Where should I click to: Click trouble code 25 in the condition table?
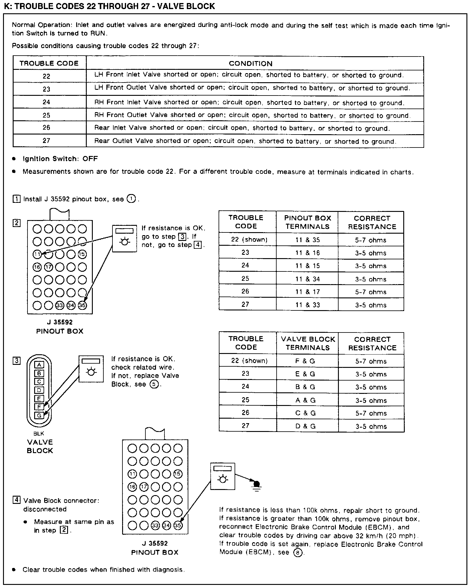(x=46, y=115)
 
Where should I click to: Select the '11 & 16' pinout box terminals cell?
(x=307, y=253)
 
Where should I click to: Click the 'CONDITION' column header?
(x=250, y=63)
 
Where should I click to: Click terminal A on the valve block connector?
(x=39, y=365)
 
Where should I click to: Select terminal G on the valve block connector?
(x=39, y=415)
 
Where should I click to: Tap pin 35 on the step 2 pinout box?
(x=82, y=306)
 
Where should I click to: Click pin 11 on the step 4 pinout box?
(x=132, y=474)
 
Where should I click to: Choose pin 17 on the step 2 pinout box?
(x=48, y=267)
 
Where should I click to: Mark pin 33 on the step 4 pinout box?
(x=155, y=525)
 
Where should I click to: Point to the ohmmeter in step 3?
(x=91, y=369)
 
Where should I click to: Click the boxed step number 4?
(x=16, y=500)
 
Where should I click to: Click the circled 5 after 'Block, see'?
(x=154, y=384)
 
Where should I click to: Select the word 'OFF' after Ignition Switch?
(x=90, y=159)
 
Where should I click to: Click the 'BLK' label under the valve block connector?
(x=39, y=433)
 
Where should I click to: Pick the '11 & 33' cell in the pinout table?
(x=307, y=305)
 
